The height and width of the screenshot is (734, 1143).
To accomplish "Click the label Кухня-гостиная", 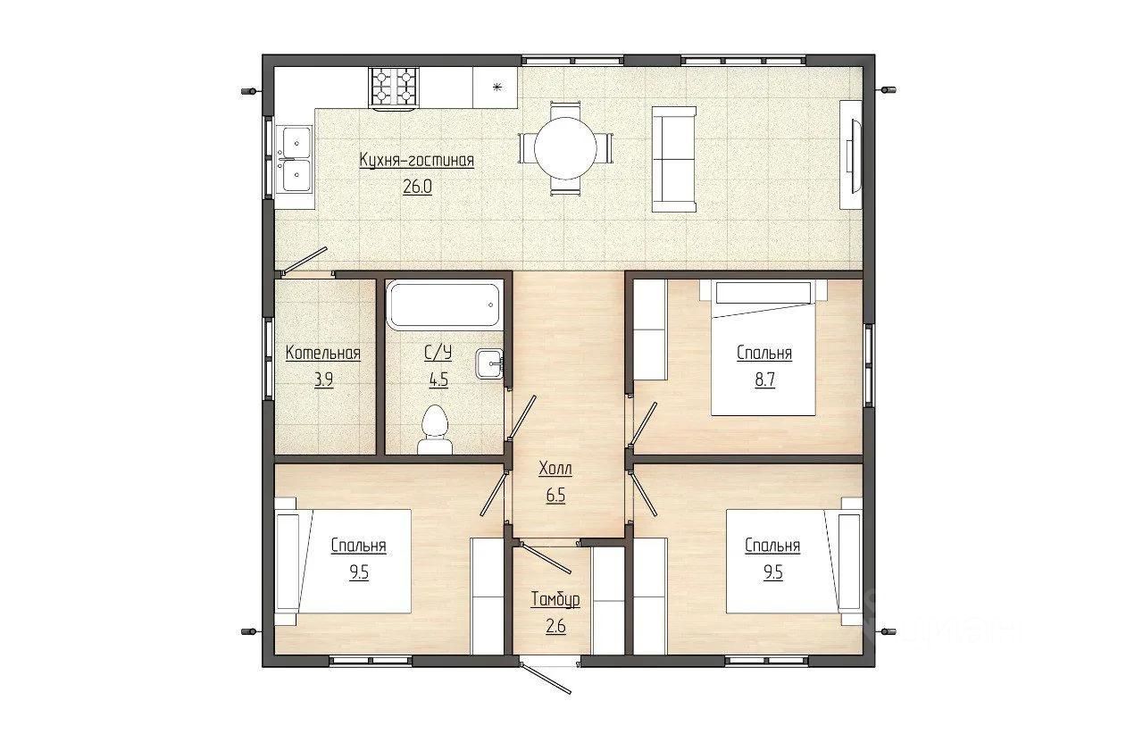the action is coord(417,160).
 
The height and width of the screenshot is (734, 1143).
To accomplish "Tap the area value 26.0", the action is coord(417,187).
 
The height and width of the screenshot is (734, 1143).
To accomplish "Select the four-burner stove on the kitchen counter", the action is coord(394,88).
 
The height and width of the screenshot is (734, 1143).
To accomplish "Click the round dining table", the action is coord(565,148).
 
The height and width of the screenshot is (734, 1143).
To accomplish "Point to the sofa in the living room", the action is coord(674,159).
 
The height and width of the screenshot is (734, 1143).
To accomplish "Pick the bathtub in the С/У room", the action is coord(443,304).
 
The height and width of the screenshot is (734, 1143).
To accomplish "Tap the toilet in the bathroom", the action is coord(435,430).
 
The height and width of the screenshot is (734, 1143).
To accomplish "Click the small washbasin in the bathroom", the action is coord(489,364).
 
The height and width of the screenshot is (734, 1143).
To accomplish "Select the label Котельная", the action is coord(323,353).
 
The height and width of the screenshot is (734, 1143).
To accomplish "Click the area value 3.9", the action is coord(323,380).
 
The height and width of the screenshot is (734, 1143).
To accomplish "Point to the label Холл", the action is coord(555,469).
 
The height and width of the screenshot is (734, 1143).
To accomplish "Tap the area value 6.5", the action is coord(555,495).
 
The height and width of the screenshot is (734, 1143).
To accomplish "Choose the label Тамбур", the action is coord(555,599).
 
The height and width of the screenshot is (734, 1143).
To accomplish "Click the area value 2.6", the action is coord(555,626).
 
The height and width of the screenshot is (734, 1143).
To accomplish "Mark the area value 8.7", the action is coord(765,380).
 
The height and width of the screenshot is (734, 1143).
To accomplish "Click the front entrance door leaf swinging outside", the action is coord(546,679).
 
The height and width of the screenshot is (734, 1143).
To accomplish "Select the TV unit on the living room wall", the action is coord(851,154).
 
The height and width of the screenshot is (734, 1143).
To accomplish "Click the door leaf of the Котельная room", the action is coord(305,261).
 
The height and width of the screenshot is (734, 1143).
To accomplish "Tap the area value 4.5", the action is coord(438,380).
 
